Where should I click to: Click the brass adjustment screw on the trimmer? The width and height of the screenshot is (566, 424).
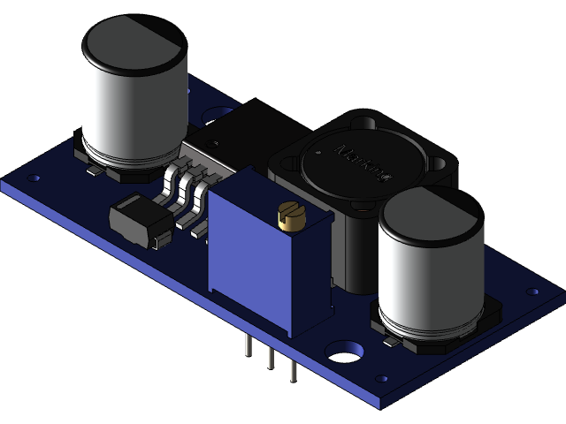(289, 215)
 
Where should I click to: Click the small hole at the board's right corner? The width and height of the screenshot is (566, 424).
(532, 291)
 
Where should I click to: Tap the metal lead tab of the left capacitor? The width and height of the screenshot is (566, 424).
(92, 171)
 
